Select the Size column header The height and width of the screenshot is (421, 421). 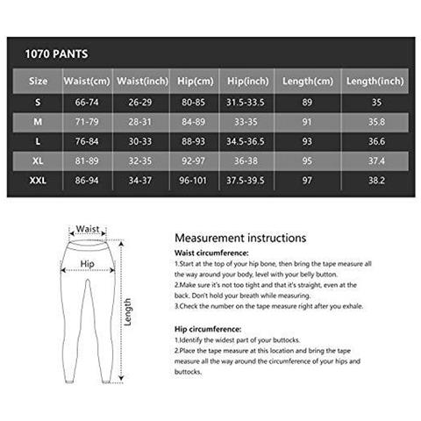(x=38, y=82)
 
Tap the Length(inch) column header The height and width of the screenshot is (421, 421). (x=375, y=82)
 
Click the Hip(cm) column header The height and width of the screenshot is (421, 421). (x=196, y=82)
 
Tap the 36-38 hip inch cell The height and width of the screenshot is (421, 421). (x=248, y=162)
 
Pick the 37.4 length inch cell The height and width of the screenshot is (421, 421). (x=375, y=162)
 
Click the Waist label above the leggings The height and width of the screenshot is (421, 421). (x=88, y=228)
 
